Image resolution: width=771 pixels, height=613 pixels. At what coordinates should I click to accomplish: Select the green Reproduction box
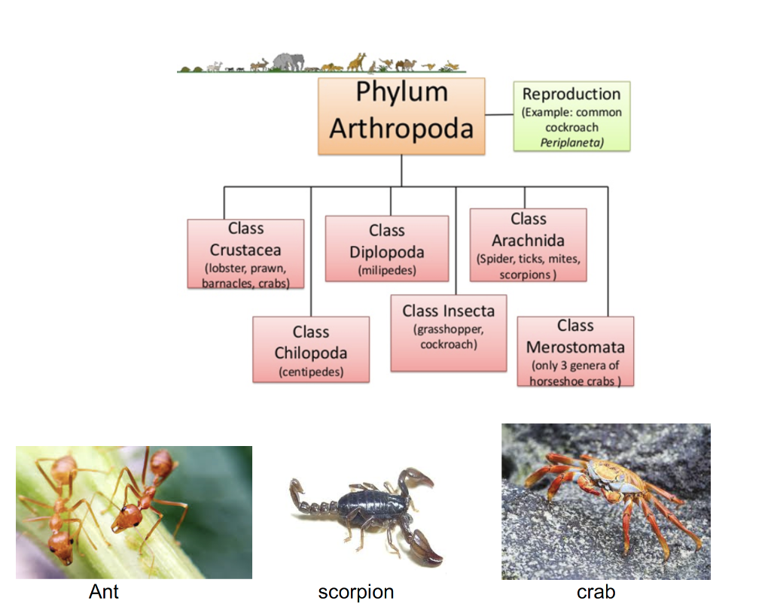[x=571, y=116]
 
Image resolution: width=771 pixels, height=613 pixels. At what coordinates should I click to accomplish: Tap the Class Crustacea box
[x=245, y=253]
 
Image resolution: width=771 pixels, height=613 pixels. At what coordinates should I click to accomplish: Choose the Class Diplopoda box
[x=386, y=248]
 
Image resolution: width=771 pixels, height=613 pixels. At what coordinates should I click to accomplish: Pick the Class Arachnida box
[x=528, y=245]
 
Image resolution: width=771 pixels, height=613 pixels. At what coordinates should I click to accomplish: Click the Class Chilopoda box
[x=310, y=349]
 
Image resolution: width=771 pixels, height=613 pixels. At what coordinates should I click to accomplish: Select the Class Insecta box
[x=448, y=332]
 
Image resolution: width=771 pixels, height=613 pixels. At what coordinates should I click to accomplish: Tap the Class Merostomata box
[x=575, y=351]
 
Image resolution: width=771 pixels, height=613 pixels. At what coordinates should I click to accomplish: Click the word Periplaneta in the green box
[x=571, y=141]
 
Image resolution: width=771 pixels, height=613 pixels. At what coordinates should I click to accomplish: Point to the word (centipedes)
[x=310, y=372]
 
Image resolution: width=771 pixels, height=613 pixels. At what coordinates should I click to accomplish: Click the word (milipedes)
[x=386, y=270]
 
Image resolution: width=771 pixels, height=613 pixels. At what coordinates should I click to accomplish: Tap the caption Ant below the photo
[x=104, y=592]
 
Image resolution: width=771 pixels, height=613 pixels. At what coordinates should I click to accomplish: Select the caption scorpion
[x=355, y=592]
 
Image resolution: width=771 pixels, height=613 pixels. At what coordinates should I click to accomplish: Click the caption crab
[x=596, y=592]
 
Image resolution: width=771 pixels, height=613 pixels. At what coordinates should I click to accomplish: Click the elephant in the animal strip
[x=288, y=62]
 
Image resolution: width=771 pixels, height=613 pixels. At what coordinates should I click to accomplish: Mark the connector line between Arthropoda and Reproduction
[x=498, y=115]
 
